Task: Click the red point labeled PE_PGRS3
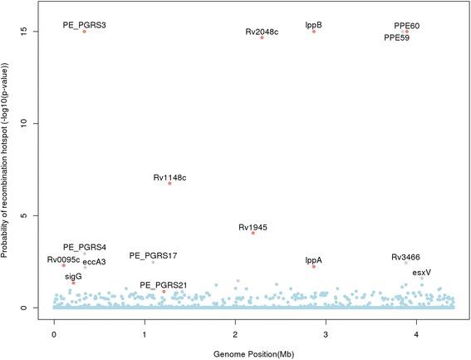tap(84, 32)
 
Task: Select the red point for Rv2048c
tap(262, 37)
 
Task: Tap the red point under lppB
tap(314, 32)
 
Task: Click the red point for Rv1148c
tap(169, 183)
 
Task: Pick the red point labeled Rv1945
tap(253, 233)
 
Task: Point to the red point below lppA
tap(314, 267)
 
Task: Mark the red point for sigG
tap(74, 283)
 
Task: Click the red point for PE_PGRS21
tap(164, 292)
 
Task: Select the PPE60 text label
tap(406, 26)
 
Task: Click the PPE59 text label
tap(396, 37)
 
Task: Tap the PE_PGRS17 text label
tap(153, 255)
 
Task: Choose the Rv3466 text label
tap(405, 258)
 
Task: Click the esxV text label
tap(421, 272)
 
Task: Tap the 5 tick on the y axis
tap(36, 215)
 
